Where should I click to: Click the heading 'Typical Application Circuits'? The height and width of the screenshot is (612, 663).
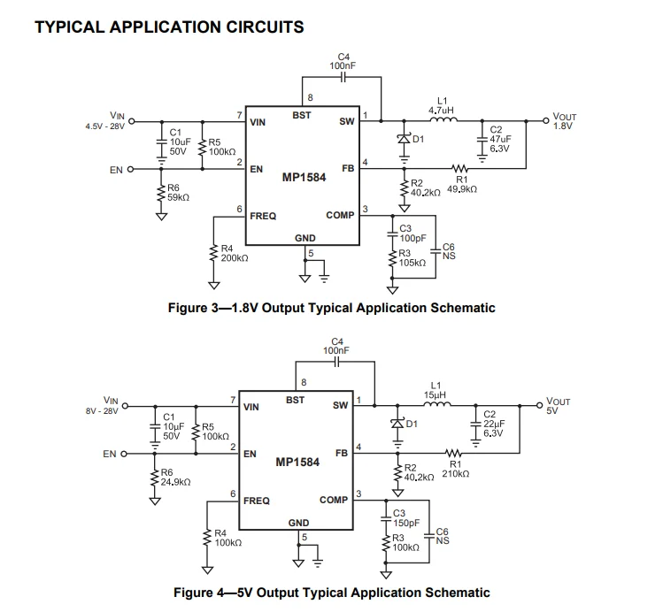pyautogui.click(x=168, y=27)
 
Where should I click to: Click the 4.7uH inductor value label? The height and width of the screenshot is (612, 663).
pyautogui.click(x=442, y=111)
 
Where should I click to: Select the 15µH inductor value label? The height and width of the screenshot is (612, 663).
pyautogui.click(x=435, y=394)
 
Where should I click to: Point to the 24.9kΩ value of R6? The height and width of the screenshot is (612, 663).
pyautogui.click(x=176, y=482)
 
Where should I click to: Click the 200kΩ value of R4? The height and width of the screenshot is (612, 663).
pyautogui.click(x=234, y=257)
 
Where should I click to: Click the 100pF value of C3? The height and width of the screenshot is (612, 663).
pyautogui.click(x=412, y=239)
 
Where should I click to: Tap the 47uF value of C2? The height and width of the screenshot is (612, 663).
pyautogui.click(x=500, y=139)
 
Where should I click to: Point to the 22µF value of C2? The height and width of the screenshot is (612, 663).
pyautogui.click(x=494, y=424)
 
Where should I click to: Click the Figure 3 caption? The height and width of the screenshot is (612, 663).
pyautogui.click(x=331, y=308)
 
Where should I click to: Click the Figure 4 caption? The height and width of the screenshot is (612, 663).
pyautogui.click(x=331, y=593)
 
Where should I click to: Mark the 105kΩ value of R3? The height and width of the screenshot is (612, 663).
pyautogui.click(x=412, y=263)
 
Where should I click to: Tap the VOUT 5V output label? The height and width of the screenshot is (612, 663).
pyautogui.click(x=559, y=406)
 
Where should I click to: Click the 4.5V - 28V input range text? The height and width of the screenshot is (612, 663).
pyautogui.click(x=104, y=126)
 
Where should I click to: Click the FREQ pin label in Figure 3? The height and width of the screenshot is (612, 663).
pyautogui.click(x=263, y=216)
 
